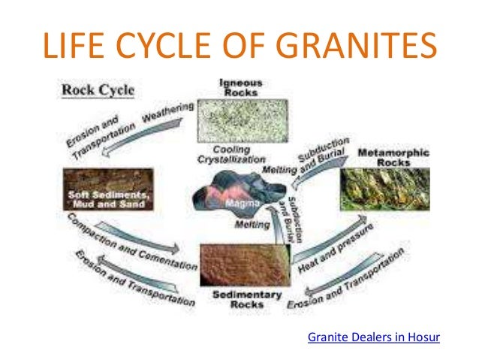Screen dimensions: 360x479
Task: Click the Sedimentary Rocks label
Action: (x=236, y=299)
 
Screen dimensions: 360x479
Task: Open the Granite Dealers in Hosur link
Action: (x=373, y=337)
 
